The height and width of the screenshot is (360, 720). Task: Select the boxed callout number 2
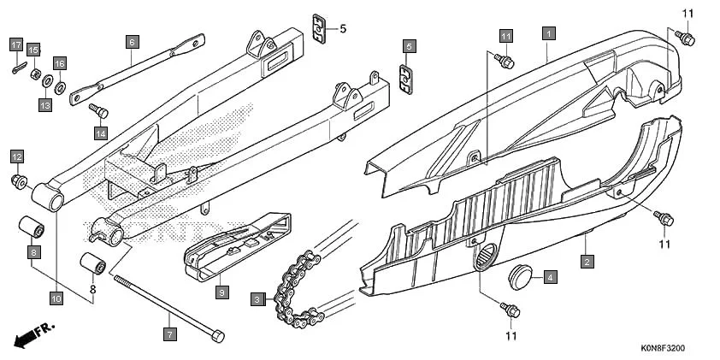pos(586,262)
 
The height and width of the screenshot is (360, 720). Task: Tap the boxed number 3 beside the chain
pos(257,298)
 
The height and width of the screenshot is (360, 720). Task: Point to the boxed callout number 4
pos(552,277)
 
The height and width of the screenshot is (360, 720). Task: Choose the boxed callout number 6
pos(132,40)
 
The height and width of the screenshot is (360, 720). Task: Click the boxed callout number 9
pos(221,292)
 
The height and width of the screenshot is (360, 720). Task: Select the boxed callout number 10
pos(56,298)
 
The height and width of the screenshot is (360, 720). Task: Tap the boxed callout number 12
pos(16,156)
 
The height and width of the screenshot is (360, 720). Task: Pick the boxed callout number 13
pos(45,104)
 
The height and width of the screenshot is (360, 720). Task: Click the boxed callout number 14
pos(101,133)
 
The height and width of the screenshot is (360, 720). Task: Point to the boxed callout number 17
pos(16,44)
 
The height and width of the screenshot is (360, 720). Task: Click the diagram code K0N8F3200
pos(664,349)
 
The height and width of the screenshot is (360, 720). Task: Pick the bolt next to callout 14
pos(97,109)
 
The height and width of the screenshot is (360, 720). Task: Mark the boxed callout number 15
pos(33,50)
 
